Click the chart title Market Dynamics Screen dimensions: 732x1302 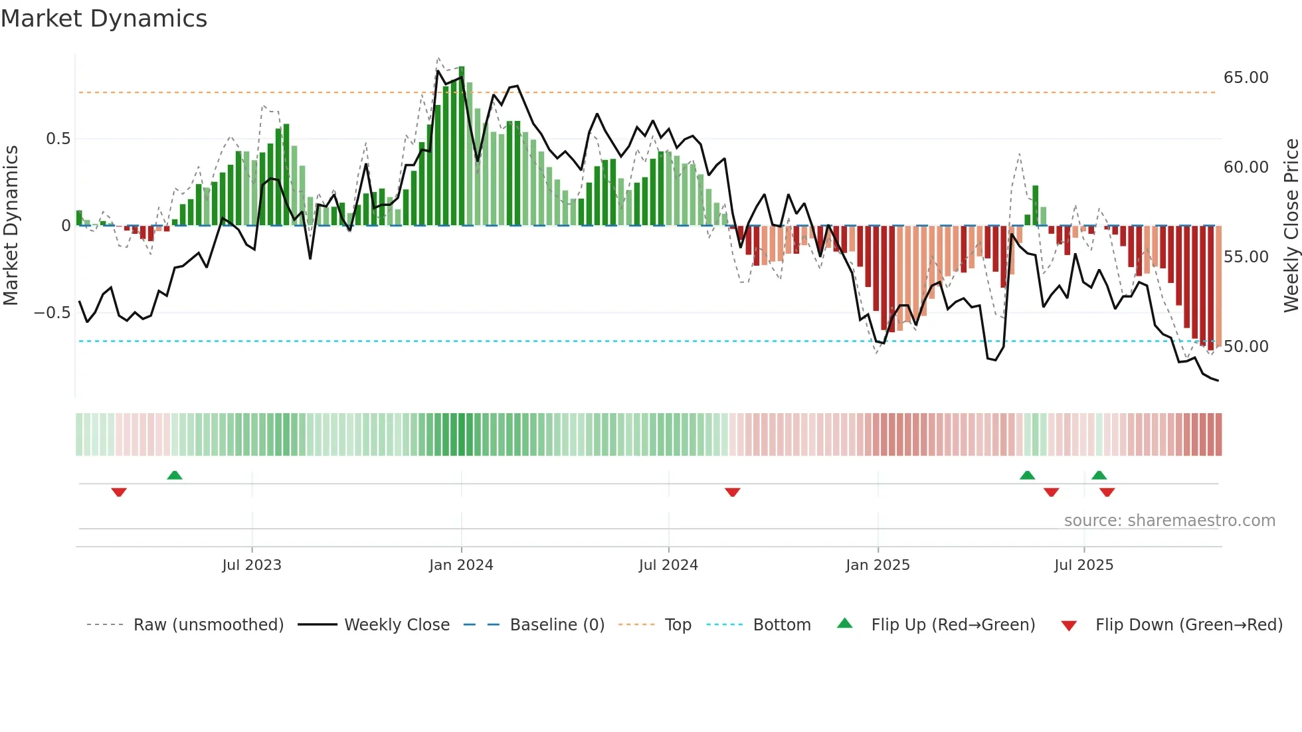pyautogui.click(x=104, y=19)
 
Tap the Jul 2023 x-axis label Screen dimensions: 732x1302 pyautogui.click(x=252, y=565)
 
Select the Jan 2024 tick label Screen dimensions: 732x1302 pyautogui.click(x=461, y=565)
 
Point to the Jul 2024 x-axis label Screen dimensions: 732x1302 pyautogui.click(x=668, y=565)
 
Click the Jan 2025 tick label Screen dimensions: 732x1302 pyautogui.click(x=878, y=565)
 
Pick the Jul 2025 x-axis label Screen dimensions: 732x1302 pyautogui.click(x=1083, y=565)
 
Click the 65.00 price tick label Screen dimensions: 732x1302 pyautogui.click(x=1246, y=78)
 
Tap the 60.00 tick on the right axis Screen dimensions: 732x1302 pyautogui.click(x=1246, y=167)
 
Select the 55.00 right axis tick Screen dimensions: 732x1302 pyautogui.click(x=1246, y=257)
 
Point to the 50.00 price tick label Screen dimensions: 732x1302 pyautogui.click(x=1246, y=347)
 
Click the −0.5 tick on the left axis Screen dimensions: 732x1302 pyautogui.click(x=52, y=313)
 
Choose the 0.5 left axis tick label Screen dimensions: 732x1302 pyautogui.click(x=58, y=139)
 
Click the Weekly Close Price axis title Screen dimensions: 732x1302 pyautogui.click(x=1291, y=225)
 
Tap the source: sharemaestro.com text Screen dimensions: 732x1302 pyautogui.click(x=1169, y=521)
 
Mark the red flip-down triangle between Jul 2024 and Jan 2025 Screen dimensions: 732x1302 pyautogui.click(x=732, y=492)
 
